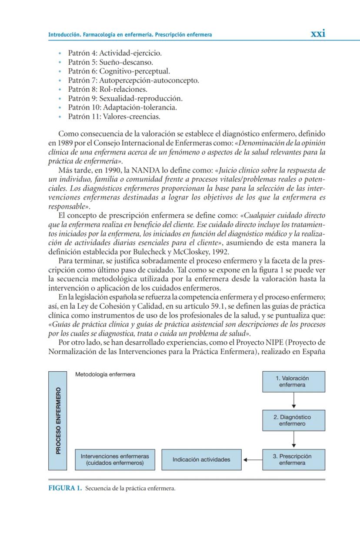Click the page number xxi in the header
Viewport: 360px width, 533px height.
coord(318,34)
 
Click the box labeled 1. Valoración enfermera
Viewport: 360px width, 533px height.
coord(293,381)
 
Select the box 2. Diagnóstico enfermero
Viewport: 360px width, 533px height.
coord(293,420)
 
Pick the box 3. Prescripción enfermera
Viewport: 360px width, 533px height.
coord(293,460)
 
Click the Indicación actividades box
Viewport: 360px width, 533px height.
coord(201,460)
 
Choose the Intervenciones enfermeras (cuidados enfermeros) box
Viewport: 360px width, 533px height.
coord(115,460)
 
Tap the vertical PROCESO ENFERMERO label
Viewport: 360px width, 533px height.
coord(58,420)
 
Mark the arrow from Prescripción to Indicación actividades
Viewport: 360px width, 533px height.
coord(252,460)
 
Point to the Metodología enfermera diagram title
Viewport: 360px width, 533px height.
coord(105,374)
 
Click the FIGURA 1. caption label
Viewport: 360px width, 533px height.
coord(65,488)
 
